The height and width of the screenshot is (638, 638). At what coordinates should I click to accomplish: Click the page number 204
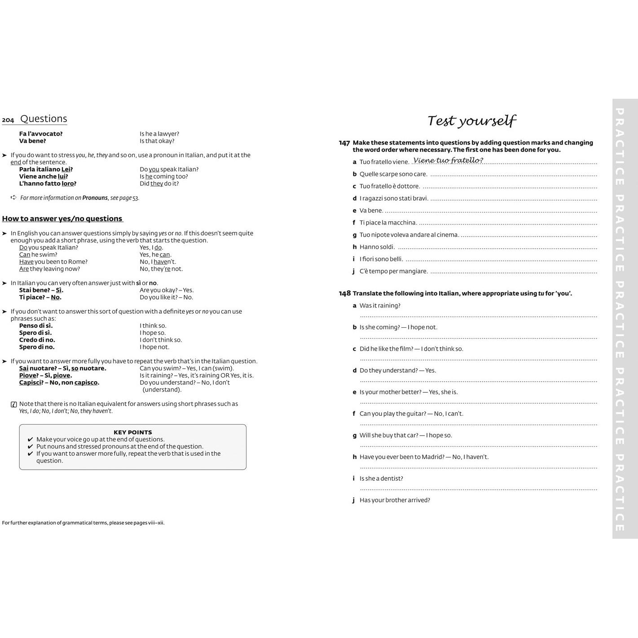coord(8,120)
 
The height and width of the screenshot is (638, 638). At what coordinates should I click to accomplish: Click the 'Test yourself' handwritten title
coord(471,120)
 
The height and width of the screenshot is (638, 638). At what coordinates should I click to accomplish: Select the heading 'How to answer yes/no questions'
coord(62,219)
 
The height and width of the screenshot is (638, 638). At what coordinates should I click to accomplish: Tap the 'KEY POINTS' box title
coord(132,432)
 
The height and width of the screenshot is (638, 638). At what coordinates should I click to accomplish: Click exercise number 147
coord(344,143)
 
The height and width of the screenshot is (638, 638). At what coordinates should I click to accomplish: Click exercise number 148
coord(344,293)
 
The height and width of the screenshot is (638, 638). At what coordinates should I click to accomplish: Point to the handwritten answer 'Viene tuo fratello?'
coord(448,160)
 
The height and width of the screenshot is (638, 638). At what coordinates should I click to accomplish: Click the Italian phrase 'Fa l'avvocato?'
coord(41,134)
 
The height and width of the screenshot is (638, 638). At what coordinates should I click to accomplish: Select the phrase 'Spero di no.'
coord(37,347)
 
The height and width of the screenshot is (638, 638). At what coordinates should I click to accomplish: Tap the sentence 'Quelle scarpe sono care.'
coord(393,174)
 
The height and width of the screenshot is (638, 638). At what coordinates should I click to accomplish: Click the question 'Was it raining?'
coord(380,306)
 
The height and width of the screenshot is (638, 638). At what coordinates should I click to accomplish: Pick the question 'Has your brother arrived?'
coord(395,500)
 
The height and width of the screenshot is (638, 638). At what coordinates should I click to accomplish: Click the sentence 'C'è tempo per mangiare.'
coord(393,271)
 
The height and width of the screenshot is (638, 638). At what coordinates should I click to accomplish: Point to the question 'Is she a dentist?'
coord(381,479)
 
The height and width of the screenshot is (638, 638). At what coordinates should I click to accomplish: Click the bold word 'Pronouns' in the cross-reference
coord(95,198)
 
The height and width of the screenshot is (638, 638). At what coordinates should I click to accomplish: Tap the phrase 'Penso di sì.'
coord(36,326)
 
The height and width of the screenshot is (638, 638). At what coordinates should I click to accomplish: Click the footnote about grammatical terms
coord(83,523)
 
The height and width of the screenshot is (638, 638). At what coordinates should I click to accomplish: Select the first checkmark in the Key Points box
coord(31,440)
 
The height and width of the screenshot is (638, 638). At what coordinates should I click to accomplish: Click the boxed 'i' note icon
coord(14,404)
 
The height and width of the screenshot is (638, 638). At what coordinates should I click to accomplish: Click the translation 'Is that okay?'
coord(157,141)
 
